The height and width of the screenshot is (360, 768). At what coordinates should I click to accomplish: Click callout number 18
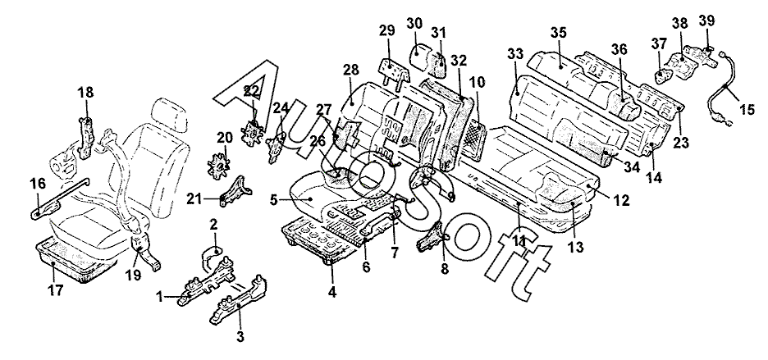point(85,93)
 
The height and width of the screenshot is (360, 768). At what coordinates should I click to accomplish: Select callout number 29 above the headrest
point(386,31)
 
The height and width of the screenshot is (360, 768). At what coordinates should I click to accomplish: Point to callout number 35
point(559,34)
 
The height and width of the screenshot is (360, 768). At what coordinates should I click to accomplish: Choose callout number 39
point(706,20)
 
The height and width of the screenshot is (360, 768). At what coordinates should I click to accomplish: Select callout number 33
point(515,55)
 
